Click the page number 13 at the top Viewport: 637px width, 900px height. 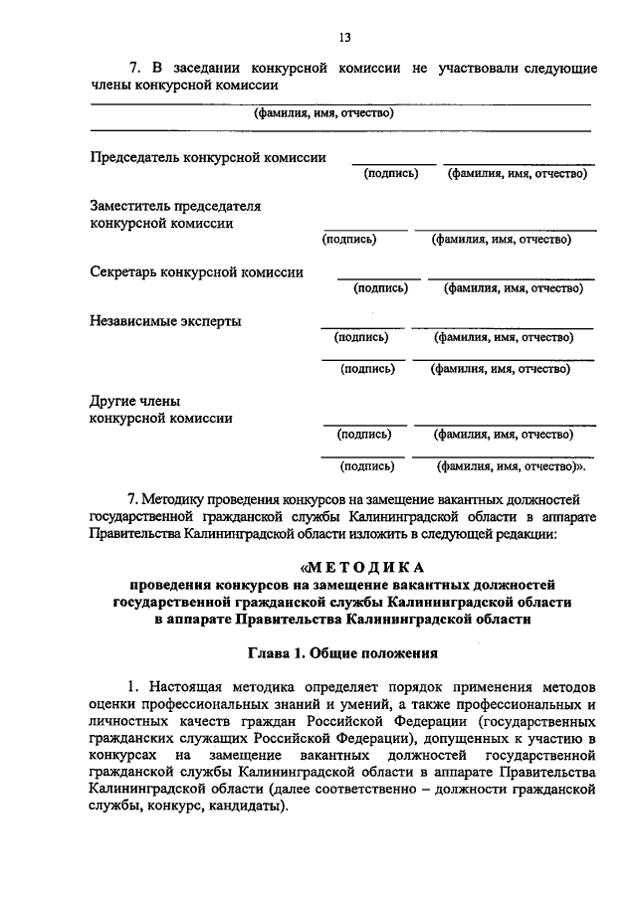344,38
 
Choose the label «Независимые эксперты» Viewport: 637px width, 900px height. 165,321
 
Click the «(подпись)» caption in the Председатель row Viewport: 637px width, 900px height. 391,173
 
